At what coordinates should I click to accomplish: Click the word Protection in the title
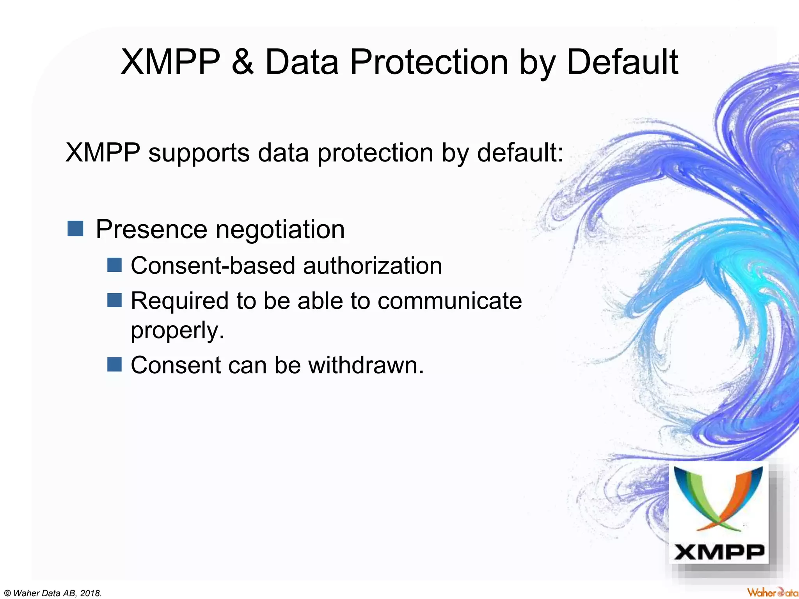coord(429,62)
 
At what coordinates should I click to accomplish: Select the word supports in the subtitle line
coord(199,153)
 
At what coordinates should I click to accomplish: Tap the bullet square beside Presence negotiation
coord(75,229)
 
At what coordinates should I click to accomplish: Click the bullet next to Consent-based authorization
coord(114,265)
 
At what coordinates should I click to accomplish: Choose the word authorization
coord(372,266)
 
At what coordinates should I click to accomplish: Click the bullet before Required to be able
coord(114,300)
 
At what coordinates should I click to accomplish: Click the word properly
coord(178,331)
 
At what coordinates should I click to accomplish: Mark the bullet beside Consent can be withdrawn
coord(114,365)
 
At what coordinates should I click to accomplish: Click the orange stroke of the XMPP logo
coord(733,503)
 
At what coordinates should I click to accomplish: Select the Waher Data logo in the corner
coord(772,592)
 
